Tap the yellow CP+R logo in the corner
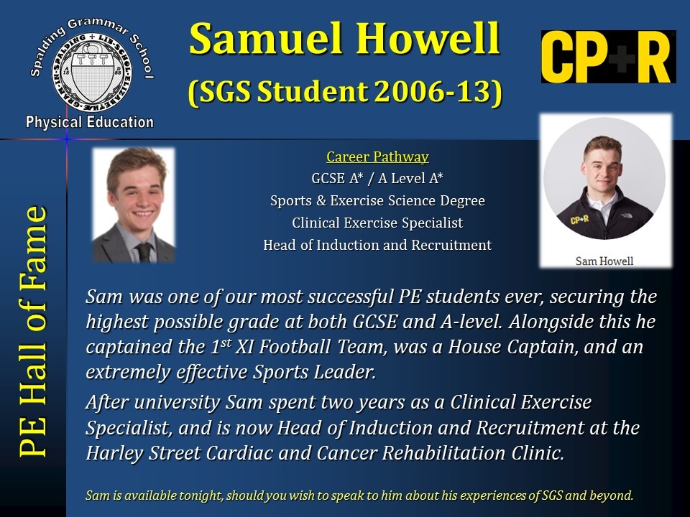tap(608, 57)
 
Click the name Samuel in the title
tap(266, 38)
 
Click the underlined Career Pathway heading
tap(377, 157)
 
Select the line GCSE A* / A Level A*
tap(377, 178)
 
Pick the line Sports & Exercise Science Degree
tap(377, 200)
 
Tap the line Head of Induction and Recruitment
tap(377, 245)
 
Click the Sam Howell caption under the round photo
tap(604, 261)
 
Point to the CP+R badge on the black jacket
tap(579, 218)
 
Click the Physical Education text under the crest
tap(90, 122)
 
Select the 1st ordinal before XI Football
tap(221, 345)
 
